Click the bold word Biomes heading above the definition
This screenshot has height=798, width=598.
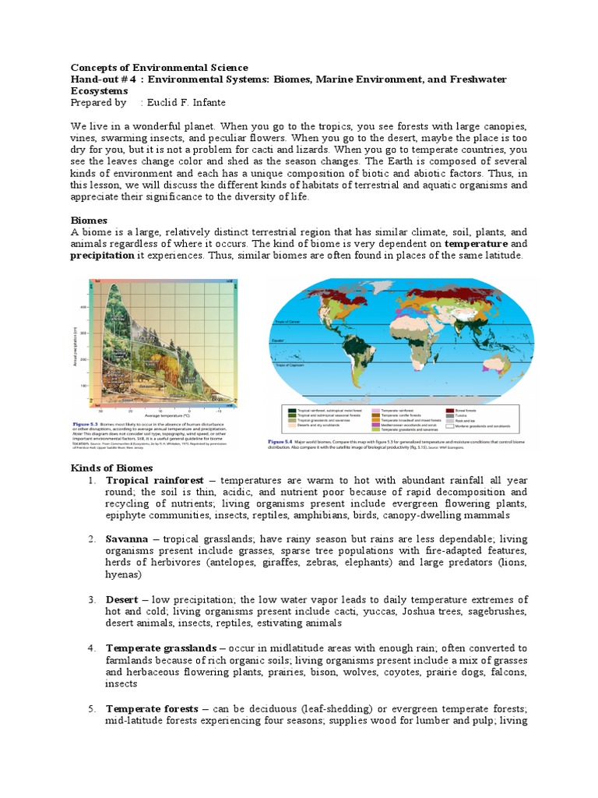(89, 221)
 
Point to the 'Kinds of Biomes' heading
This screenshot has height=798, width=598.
(109, 467)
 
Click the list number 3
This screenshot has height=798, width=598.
(91, 599)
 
